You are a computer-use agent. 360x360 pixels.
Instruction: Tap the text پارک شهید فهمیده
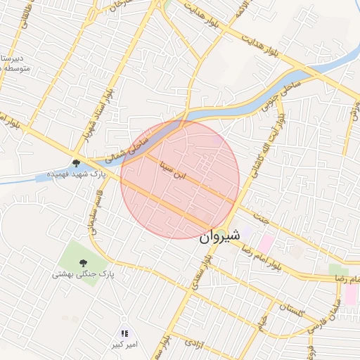pyautogui.click(x=77, y=174)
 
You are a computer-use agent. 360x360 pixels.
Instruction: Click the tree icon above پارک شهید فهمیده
pyautogui.click(x=76, y=164)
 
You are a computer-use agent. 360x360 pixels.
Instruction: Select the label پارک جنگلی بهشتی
pyautogui.click(x=82, y=275)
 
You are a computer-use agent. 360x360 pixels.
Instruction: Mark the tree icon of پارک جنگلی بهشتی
pyautogui.click(x=82, y=264)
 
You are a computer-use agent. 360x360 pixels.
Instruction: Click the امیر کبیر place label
pyautogui.click(x=124, y=345)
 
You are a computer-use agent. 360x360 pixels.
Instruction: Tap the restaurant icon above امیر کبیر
pyautogui.click(x=124, y=334)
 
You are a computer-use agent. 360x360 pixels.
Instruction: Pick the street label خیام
pyautogui.click(x=261, y=323)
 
